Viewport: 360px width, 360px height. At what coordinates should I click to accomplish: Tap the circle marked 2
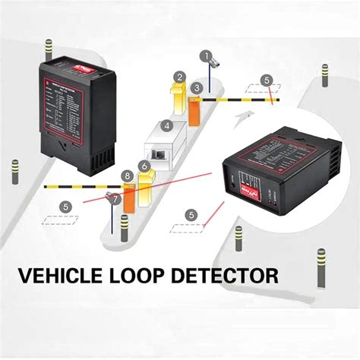coord(178,77)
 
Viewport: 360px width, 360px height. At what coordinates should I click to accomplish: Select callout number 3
coord(197,89)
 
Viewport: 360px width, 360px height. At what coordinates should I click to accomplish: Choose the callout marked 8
coord(128,176)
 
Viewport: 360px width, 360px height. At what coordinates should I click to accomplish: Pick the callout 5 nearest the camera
coord(266,79)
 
